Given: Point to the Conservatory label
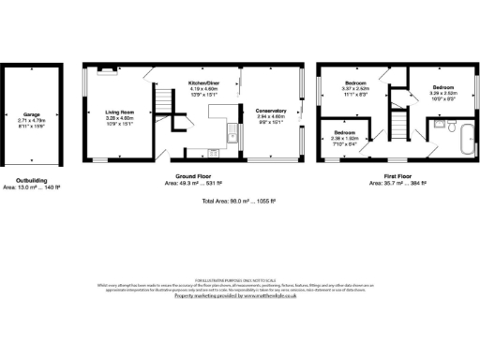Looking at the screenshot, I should (271, 111).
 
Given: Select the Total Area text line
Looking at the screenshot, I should (239, 202).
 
